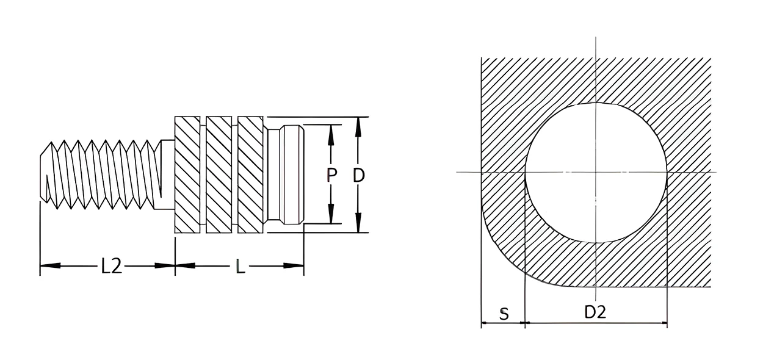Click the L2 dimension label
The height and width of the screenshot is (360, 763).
tap(111, 266)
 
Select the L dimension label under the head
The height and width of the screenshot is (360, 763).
tap(240, 266)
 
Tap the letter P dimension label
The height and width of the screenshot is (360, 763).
tap(331, 175)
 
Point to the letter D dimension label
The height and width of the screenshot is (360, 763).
tap(359, 175)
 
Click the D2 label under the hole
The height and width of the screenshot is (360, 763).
tap(595, 311)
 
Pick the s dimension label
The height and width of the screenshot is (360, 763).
tap(504, 314)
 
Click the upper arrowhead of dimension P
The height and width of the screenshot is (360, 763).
tap(331, 135)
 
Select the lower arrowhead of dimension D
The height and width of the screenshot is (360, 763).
tap(358, 222)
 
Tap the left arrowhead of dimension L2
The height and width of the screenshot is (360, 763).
tap(51, 265)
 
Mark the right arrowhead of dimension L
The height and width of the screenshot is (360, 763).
tap(294, 265)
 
